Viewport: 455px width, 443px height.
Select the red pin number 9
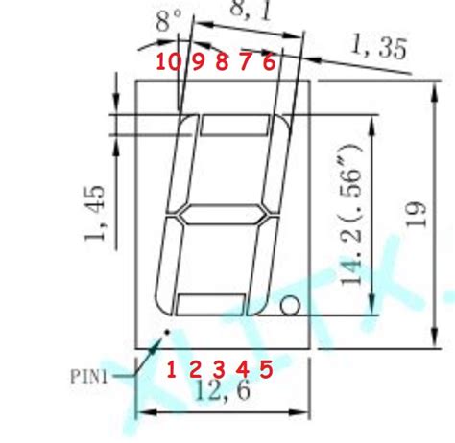pos(199,61)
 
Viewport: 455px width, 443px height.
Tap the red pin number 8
pos(222,61)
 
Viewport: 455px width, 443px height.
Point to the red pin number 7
pos(245,61)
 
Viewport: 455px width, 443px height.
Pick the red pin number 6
pos(269,61)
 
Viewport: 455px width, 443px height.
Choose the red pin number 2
pos(195,367)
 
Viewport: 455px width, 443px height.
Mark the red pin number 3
pos(219,367)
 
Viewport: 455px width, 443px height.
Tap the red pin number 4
pos(242,367)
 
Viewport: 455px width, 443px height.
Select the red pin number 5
pos(266,367)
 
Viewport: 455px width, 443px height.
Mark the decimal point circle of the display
pos(291,307)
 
